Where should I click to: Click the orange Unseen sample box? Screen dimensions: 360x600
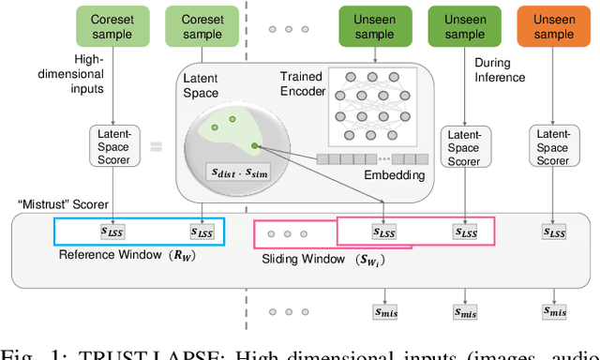(x=553, y=26)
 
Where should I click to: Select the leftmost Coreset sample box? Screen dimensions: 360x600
(x=116, y=26)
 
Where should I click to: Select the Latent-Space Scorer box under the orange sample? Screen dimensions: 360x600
(x=552, y=147)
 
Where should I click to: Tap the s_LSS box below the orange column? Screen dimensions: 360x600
(x=554, y=231)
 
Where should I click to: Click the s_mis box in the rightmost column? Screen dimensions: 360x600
(x=554, y=310)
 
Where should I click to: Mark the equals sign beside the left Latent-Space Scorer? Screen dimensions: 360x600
(x=156, y=146)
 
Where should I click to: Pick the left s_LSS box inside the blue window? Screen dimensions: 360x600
(x=117, y=232)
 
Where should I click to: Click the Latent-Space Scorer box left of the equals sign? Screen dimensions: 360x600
(x=116, y=147)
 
